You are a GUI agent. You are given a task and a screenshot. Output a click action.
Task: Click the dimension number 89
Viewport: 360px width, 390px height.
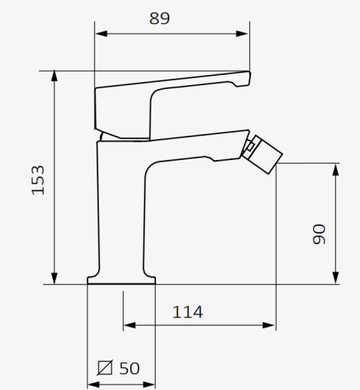(x=160, y=19)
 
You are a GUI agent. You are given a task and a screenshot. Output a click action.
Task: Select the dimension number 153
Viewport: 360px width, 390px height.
(x=38, y=180)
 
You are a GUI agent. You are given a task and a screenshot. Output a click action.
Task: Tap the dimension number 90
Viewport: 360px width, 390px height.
(x=319, y=234)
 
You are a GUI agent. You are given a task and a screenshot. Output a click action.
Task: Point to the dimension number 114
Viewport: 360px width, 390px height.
(x=188, y=312)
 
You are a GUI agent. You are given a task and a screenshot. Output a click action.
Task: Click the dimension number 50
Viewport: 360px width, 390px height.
(x=129, y=368)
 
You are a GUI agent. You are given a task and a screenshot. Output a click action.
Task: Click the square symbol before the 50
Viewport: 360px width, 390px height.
(x=105, y=367)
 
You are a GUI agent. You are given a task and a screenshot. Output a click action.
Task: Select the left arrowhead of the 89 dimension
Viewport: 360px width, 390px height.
(x=101, y=34)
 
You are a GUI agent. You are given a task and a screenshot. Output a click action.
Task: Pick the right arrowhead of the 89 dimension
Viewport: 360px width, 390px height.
(x=242, y=34)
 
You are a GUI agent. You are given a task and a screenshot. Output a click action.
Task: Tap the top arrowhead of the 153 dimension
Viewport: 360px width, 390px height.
(x=55, y=76)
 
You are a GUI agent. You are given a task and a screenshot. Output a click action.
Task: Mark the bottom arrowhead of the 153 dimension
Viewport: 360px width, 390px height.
(x=55, y=278)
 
